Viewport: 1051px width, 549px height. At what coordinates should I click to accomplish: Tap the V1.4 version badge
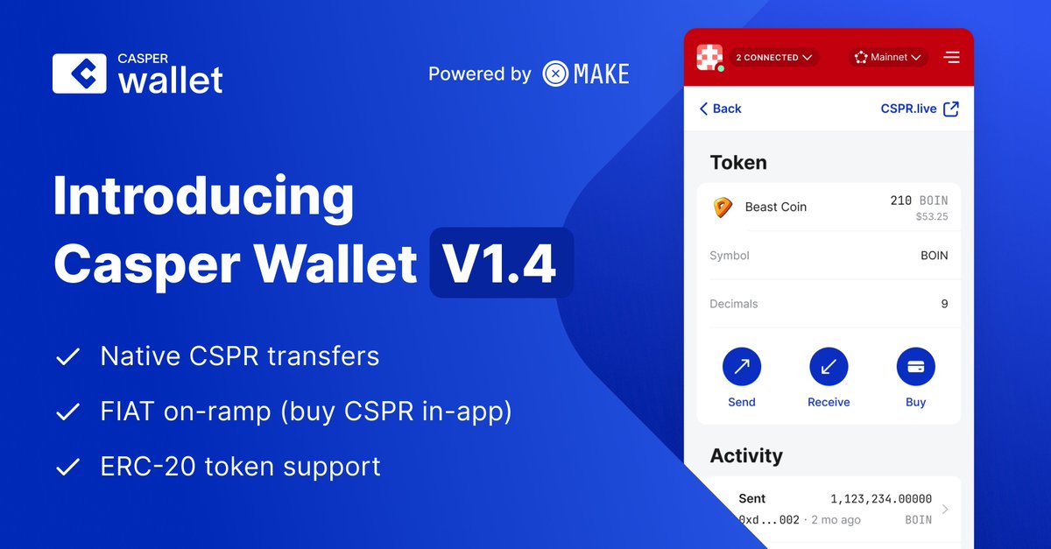click(x=501, y=264)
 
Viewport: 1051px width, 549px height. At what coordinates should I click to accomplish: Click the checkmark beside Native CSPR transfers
click(x=67, y=357)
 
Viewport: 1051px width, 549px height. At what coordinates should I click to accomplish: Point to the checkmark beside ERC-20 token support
click(x=67, y=468)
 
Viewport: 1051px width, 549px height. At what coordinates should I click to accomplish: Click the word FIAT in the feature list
click(x=127, y=412)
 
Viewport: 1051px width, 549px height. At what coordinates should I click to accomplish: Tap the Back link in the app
click(x=720, y=109)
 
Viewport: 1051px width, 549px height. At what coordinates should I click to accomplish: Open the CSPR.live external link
click(x=920, y=109)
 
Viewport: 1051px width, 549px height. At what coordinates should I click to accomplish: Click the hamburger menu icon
click(x=951, y=58)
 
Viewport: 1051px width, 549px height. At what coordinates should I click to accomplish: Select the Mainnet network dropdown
click(x=888, y=58)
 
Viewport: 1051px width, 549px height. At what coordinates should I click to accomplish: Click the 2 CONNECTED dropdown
click(x=774, y=58)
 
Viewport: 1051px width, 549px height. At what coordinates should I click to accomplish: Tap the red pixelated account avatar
click(x=709, y=58)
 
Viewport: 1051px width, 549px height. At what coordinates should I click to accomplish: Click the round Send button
click(x=741, y=367)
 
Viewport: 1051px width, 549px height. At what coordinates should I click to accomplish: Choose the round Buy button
click(x=915, y=367)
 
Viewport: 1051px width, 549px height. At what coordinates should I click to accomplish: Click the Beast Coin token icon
click(x=721, y=208)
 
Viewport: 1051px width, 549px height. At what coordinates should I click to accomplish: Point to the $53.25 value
click(x=931, y=217)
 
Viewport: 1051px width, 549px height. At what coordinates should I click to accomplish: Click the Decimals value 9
click(x=944, y=304)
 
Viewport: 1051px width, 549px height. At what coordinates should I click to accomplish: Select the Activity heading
click(x=746, y=456)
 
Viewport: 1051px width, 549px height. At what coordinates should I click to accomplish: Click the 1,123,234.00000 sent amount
click(x=881, y=499)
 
